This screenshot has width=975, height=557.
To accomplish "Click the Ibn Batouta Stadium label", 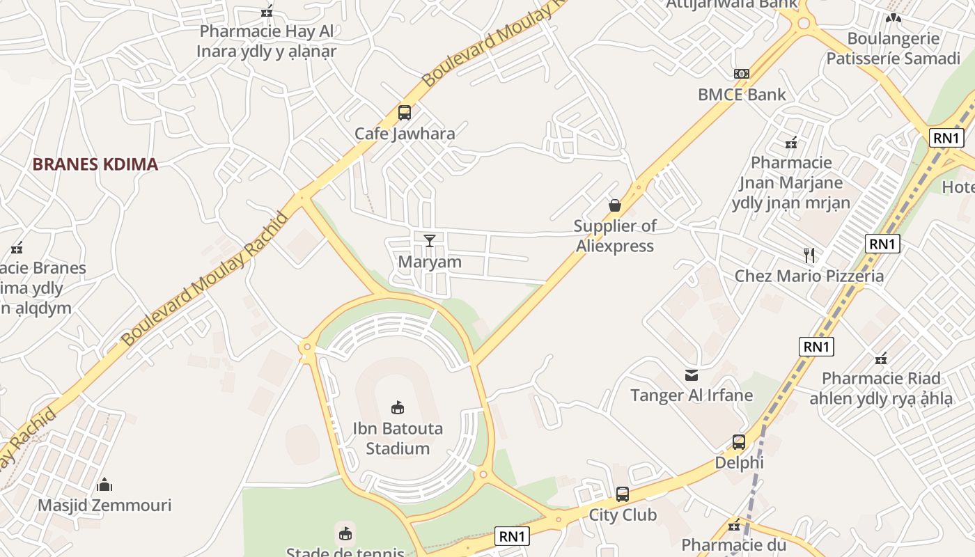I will [x=398, y=438].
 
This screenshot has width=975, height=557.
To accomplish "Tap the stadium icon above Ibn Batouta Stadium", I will [x=398, y=407].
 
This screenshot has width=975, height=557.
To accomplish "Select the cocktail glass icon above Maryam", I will [x=430, y=241].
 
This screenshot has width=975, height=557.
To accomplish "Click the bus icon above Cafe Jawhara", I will [x=404, y=112].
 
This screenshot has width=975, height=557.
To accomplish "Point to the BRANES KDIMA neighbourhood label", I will [x=95, y=164].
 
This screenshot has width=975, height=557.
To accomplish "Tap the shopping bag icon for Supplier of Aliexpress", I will [x=615, y=205].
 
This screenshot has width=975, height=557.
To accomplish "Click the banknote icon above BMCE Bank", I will [x=742, y=73].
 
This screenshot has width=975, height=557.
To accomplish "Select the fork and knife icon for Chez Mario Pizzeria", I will [x=809, y=255].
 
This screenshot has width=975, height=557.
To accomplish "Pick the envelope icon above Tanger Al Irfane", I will [x=692, y=375].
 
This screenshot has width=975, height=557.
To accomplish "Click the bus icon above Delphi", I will [x=739, y=441].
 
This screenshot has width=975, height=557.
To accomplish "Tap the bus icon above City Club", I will [x=623, y=494].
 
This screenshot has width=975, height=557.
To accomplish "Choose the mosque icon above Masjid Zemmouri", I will [x=104, y=484].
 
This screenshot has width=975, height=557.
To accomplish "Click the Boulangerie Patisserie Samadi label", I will [x=893, y=48].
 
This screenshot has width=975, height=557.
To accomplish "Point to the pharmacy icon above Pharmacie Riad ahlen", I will [x=881, y=359].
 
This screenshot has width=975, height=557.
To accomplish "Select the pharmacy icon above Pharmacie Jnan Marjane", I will [x=791, y=143].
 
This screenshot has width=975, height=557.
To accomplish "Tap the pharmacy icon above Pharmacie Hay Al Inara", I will [x=267, y=10].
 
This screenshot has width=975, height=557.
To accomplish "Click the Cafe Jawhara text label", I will [x=405, y=134].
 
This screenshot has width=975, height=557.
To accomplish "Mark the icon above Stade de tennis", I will [x=345, y=533].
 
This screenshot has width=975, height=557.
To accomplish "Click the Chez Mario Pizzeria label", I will [x=809, y=276].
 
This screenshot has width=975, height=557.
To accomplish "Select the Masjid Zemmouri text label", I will [x=104, y=505].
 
